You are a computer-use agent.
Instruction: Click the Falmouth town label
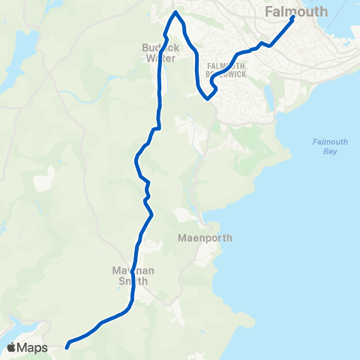click(297, 11)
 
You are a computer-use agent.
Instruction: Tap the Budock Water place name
click(158, 52)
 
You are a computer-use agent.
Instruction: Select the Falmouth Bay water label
click(325, 146)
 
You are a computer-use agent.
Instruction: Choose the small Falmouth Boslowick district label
click(227, 70)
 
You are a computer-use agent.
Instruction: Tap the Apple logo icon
click(12, 347)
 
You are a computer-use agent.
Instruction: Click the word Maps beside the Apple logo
click(33, 347)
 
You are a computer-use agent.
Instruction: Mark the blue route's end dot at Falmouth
click(292, 19)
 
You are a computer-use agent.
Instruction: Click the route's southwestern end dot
click(67, 346)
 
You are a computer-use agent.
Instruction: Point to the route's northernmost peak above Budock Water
click(176, 13)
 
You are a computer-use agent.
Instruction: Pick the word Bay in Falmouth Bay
click(325, 151)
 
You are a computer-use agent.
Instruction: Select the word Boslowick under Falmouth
click(227, 74)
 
